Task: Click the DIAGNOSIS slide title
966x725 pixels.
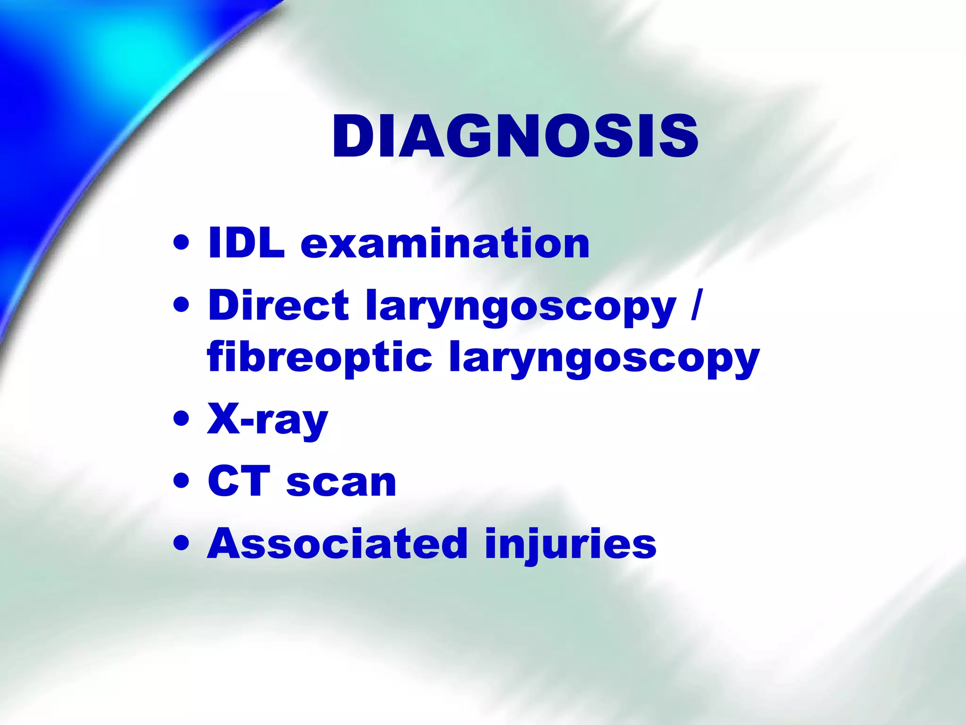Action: pos(515,137)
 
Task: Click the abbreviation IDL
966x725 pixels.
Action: pos(246,244)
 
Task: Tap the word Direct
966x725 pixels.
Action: pos(278,305)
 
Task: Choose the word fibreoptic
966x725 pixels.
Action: pos(319,358)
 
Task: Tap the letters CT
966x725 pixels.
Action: pos(239,481)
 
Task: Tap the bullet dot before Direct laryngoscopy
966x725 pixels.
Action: pos(181,305)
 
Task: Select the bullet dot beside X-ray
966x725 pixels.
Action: pos(181,419)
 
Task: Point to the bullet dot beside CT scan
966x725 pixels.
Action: pos(181,481)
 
